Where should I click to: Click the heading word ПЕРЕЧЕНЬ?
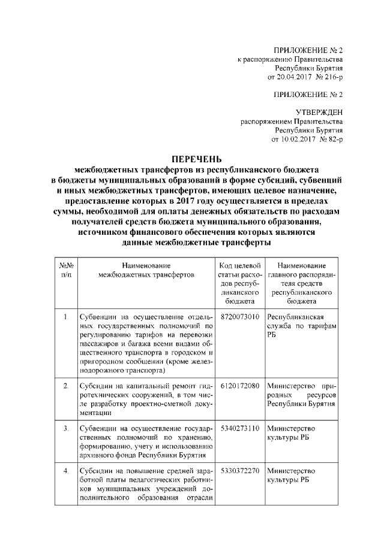pos(197,159)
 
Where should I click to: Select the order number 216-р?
pos(331,77)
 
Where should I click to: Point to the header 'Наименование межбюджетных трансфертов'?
pos(146,270)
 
